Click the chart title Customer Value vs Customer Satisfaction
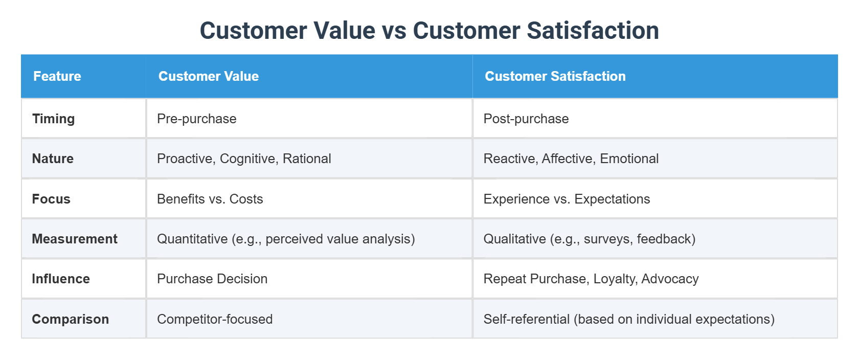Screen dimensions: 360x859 [x=429, y=31]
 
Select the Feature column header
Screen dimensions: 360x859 [x=57, y=76]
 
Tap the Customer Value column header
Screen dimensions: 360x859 [x=209, y=76]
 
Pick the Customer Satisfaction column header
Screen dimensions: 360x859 [x=555, y=76]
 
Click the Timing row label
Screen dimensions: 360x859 [x=53, y=119]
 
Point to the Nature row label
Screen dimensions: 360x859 [x=53, y=159]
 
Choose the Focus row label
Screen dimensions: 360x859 [x=51, y=199]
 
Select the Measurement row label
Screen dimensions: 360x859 [x=75, y=239]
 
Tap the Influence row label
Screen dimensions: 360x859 [x=61, y=279]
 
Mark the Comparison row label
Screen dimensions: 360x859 [x=70, y=319]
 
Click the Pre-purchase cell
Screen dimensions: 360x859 [x=197, y=119]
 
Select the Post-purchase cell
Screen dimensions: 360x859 [x=526, y=119]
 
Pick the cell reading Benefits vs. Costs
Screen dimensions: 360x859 [x=210, y=199]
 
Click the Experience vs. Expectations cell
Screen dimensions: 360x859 [x=567, y=199]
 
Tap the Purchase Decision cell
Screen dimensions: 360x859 [x=212, y=279]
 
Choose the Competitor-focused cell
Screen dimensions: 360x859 [x=215, y=319]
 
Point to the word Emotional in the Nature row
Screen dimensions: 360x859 [x=629, y=159]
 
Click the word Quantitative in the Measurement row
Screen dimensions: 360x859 [x=192, y=239]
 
